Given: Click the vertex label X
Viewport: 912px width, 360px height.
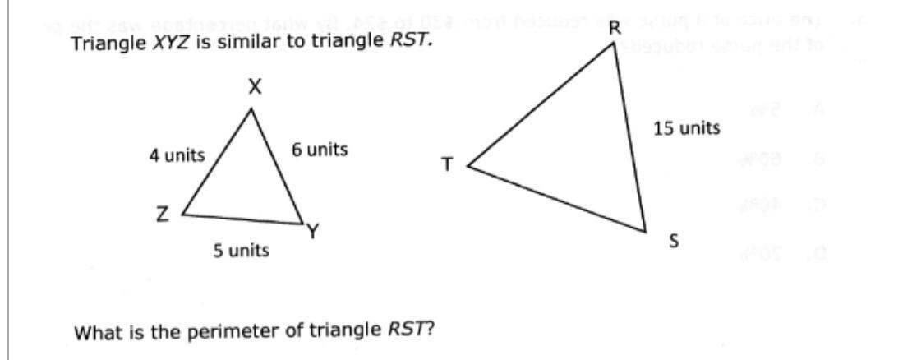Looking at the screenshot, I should tap(256, 89).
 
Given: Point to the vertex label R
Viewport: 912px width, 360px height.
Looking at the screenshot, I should tap(613, 29).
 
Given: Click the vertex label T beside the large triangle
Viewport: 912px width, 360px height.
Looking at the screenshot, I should tap(447, 165).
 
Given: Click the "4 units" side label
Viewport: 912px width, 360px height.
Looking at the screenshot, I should tap(177, 155).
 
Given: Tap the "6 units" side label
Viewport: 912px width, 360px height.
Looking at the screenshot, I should tap(319, 150).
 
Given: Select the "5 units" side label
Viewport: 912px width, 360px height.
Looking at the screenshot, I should tap(241, 250).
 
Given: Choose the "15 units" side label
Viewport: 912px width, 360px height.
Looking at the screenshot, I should tap(687, 128).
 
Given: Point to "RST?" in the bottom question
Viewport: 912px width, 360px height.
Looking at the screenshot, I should tap(411, 332).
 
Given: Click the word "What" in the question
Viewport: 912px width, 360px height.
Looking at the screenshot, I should tap(94, 332).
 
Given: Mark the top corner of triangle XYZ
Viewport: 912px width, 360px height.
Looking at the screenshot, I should tap(256, 108).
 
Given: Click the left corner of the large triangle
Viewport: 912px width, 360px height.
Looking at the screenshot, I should tap(468, 165).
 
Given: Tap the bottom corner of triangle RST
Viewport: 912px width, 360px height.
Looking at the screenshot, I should tap(645, 230).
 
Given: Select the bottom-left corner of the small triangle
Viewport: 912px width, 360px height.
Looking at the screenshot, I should tap(182, 214).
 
